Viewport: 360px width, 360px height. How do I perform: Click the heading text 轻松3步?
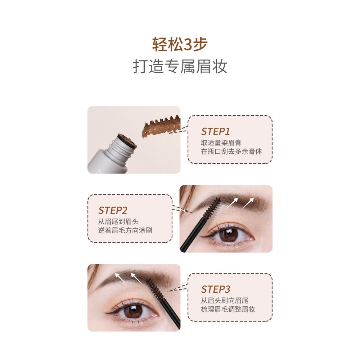(180, 44)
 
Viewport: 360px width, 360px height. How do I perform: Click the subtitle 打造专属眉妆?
(180, 67)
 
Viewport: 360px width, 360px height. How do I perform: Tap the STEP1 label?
(215, 131)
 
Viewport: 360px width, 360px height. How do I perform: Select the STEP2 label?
(113, 210)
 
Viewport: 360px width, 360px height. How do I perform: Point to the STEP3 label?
(215, 289)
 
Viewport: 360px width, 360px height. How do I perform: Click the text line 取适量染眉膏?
(221, 143)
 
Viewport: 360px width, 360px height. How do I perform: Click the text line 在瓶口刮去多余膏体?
(231, 151)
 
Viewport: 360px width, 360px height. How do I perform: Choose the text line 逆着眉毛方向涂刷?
(125, 230)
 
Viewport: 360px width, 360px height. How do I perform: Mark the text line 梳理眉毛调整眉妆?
(228, 309)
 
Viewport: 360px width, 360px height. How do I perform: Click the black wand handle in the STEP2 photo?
(193, 237)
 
